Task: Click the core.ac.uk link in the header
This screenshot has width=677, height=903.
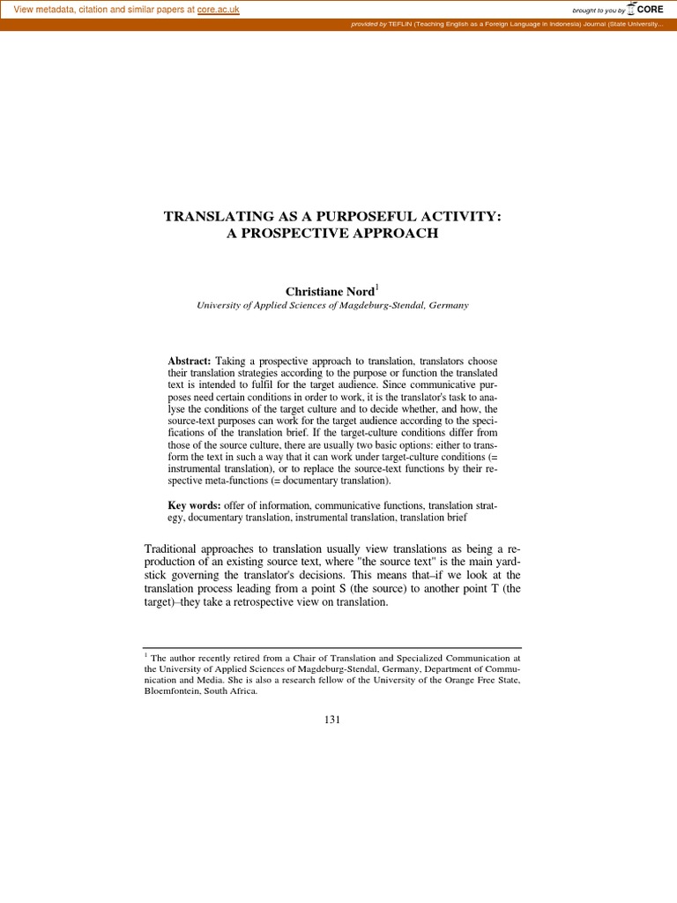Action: tap(219, 10)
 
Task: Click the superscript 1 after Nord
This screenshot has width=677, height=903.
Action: tap(353, 286)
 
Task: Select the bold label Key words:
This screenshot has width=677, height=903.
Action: tap(193, 504)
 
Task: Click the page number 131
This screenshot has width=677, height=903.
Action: tap(332, 719)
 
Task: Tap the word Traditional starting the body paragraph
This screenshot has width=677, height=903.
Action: tap(173, 549)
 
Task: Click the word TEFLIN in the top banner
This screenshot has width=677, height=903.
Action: tap(399, 25)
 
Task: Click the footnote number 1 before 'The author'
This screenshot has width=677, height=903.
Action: tap(145, 654)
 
